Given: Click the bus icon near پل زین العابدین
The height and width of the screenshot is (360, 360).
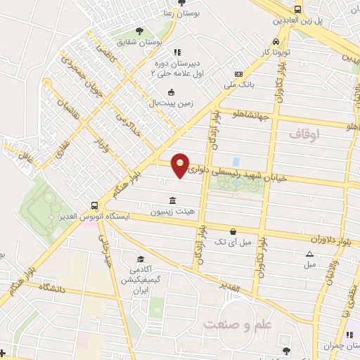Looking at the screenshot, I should [298, 9].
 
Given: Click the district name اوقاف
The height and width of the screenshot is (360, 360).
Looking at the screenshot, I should [304, 134].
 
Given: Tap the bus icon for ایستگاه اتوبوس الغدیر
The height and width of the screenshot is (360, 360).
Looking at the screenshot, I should [94, 205].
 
